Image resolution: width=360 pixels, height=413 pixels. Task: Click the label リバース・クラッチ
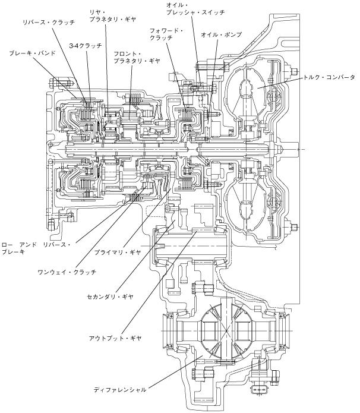coord(49,22)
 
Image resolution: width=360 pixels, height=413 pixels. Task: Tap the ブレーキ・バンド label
coord(32,53)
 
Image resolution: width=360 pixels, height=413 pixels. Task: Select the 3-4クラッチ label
coord(86,46)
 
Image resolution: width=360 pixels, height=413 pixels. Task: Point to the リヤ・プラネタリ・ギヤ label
coord(113,15)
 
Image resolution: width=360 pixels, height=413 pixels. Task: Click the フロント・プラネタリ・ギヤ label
coord(137,58)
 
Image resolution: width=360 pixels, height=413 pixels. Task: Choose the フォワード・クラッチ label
coord(166,34)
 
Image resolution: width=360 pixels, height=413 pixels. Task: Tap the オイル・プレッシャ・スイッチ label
coord(195,9)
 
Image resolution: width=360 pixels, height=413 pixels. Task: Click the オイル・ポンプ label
coord(221,34)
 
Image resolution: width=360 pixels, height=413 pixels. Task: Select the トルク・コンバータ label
coord(329,77)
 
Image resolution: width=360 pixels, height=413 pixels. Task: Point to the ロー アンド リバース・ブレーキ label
coord(36,248)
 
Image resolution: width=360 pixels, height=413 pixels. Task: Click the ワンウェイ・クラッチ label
coord(67,272)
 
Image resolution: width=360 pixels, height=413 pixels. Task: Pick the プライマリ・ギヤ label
coord(118,253)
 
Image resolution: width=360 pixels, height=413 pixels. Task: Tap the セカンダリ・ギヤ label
coord(110,297)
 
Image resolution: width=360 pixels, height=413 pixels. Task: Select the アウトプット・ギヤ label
coord(115,338)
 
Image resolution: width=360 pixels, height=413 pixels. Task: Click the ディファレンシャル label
coord(120,390)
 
